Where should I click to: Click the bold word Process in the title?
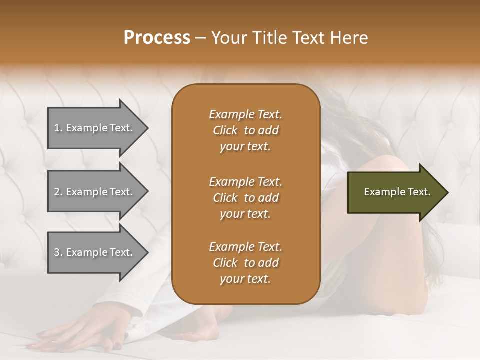157,38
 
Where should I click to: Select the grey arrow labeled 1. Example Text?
95,128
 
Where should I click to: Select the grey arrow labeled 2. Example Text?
95,192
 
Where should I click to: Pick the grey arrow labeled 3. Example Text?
95,252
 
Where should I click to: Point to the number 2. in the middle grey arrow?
58,192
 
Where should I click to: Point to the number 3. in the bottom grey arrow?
58,252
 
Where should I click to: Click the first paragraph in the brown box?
245,130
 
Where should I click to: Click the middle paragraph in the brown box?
245,198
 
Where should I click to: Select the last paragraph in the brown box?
245,263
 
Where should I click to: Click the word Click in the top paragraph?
225,130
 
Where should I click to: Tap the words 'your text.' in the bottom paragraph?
245,279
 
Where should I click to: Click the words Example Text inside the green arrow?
397,192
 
